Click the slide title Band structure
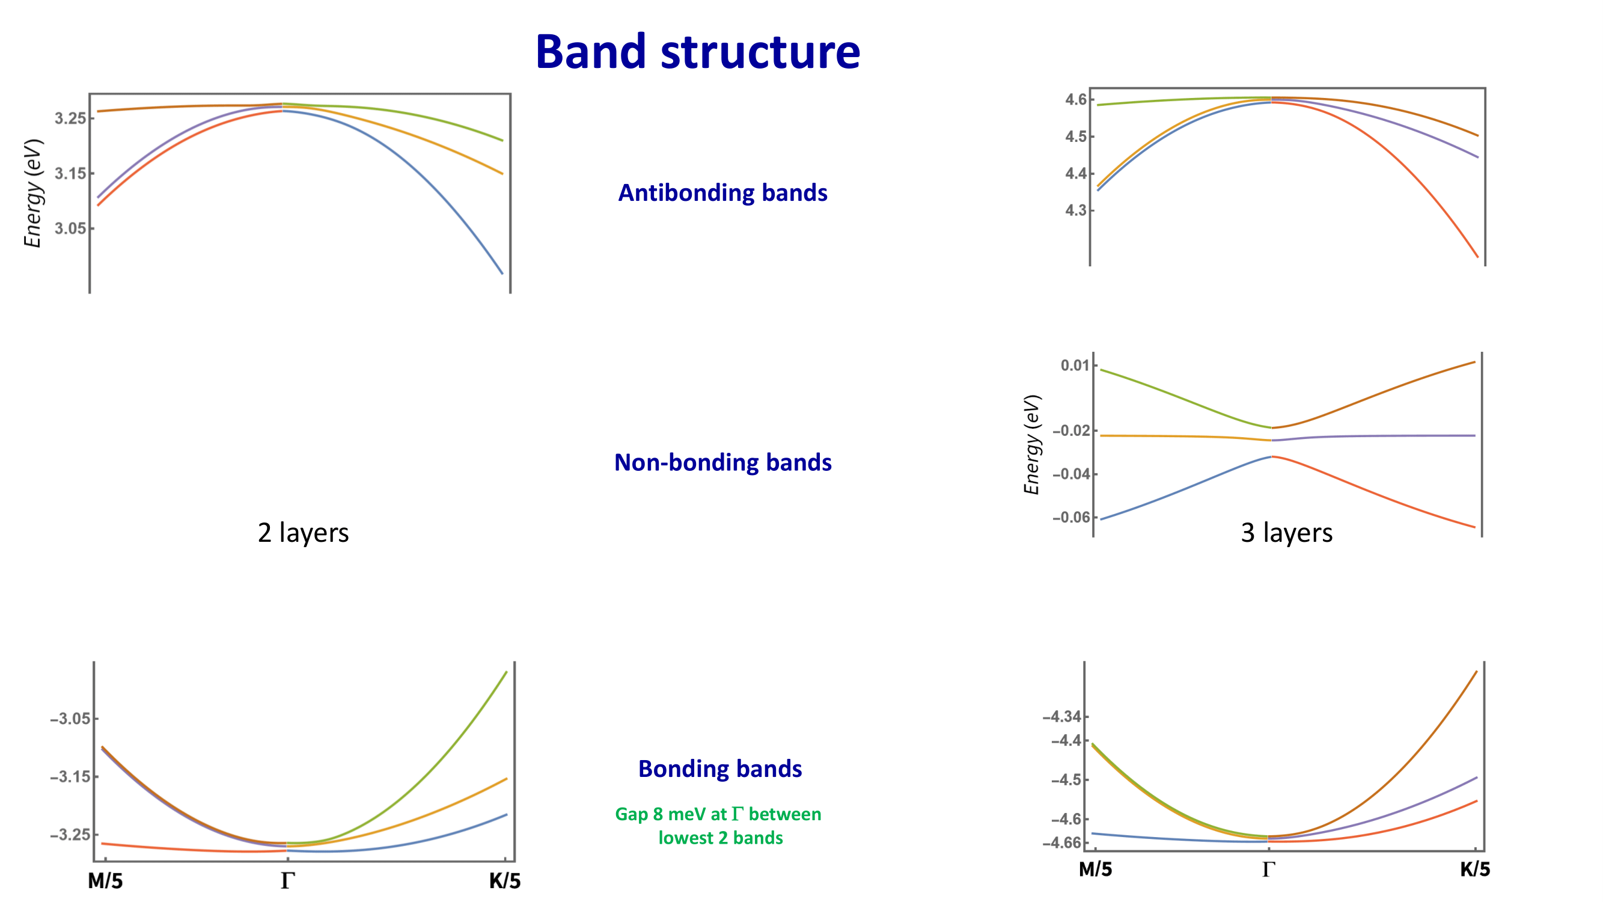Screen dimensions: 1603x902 coord(698,52)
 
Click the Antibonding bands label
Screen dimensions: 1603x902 coord(722,193)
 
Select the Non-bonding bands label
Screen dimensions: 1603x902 coord(722,462)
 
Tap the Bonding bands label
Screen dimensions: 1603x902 coord(720,769)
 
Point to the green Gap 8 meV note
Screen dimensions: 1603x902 coord(719,826)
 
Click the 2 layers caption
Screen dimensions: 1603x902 coord(303,533)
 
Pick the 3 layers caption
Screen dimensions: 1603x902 coord(1286,533)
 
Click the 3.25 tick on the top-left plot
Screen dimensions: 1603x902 coord(70,118)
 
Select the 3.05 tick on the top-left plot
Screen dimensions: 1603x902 coord(70,229)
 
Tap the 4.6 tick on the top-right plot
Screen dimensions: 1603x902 coord(1076,100)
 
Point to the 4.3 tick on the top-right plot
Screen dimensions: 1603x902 coord(1076,210)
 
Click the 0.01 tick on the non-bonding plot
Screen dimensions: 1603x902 coord(1075,366)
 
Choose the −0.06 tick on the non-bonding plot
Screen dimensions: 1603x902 coord(1071,517)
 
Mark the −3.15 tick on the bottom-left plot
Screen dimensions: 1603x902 coord(70,777)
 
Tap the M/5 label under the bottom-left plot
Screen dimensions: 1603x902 coord(105,881)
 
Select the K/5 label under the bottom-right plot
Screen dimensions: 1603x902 coord(1475,869)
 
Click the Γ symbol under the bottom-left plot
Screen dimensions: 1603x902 coord(287,881)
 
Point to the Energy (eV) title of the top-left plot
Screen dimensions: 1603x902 coord(33,194)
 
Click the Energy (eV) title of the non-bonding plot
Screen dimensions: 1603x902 coord(1032,444)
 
